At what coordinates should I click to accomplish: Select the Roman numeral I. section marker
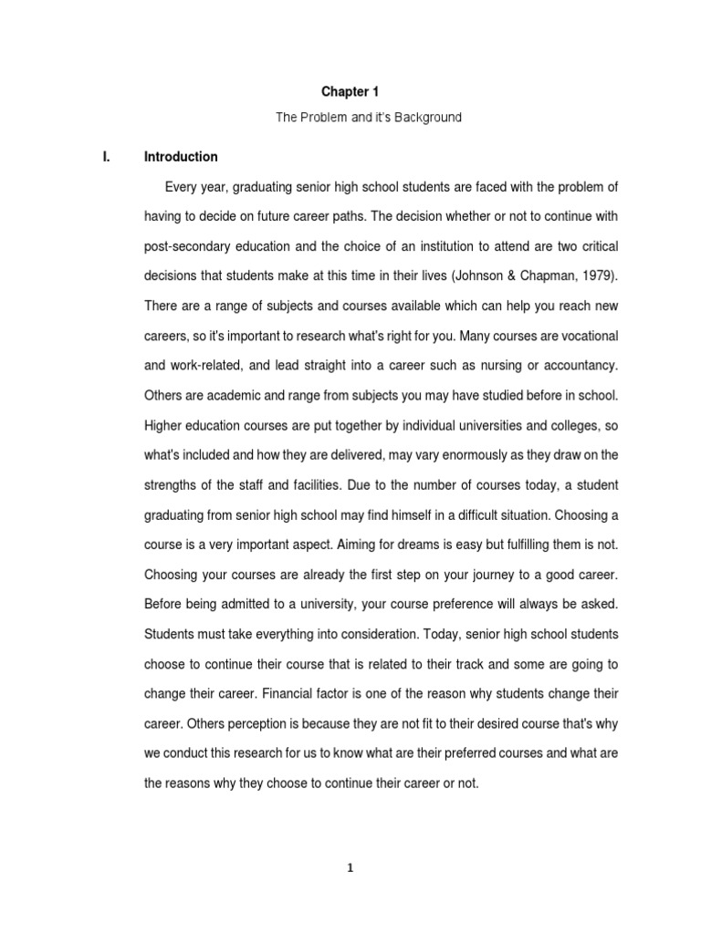point(106,157)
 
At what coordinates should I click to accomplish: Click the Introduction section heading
point(181,157)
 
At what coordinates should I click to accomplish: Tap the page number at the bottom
point(350,867)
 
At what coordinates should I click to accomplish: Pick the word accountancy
point(579,366)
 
